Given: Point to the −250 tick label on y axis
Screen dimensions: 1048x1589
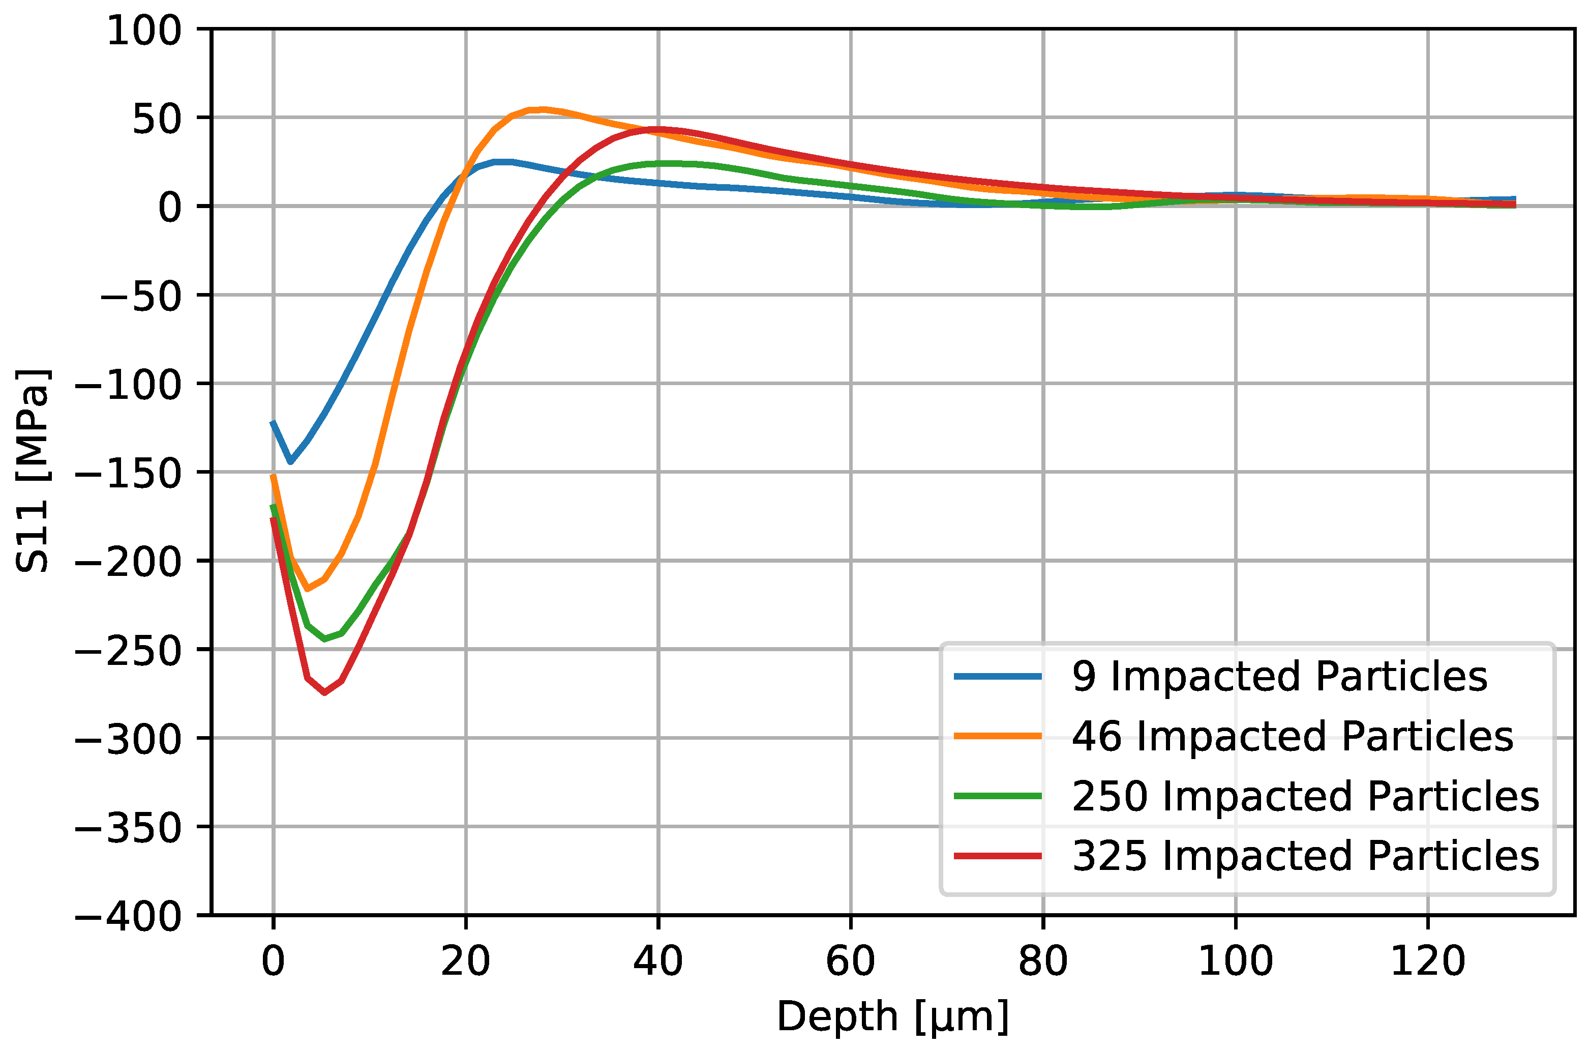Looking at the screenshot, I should coord(128,650).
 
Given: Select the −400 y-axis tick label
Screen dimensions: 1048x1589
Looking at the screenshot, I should coord(128,916).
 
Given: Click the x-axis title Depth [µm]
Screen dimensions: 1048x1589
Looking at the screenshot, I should coord(892,1016).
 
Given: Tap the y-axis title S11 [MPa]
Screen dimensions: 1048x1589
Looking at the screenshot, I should coord(32,471).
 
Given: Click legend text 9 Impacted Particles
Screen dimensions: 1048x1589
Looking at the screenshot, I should coord(1280,677).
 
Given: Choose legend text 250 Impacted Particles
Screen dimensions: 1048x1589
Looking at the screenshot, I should coord(1305,796).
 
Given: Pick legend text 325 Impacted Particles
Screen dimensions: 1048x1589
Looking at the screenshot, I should coord(1305,856).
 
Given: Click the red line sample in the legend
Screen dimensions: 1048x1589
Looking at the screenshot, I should coord(997,856).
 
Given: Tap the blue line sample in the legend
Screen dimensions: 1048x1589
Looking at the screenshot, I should coord(997,677).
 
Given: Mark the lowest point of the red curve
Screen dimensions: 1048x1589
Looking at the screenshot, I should coord(324,693).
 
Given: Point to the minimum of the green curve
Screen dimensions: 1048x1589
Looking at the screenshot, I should coord(324,639).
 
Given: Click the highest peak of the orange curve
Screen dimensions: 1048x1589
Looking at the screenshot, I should coord(543,109).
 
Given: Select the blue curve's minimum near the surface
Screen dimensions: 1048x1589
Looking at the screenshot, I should coord(290,462).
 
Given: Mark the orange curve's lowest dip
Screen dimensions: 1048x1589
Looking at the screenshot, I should coord(307,589).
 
